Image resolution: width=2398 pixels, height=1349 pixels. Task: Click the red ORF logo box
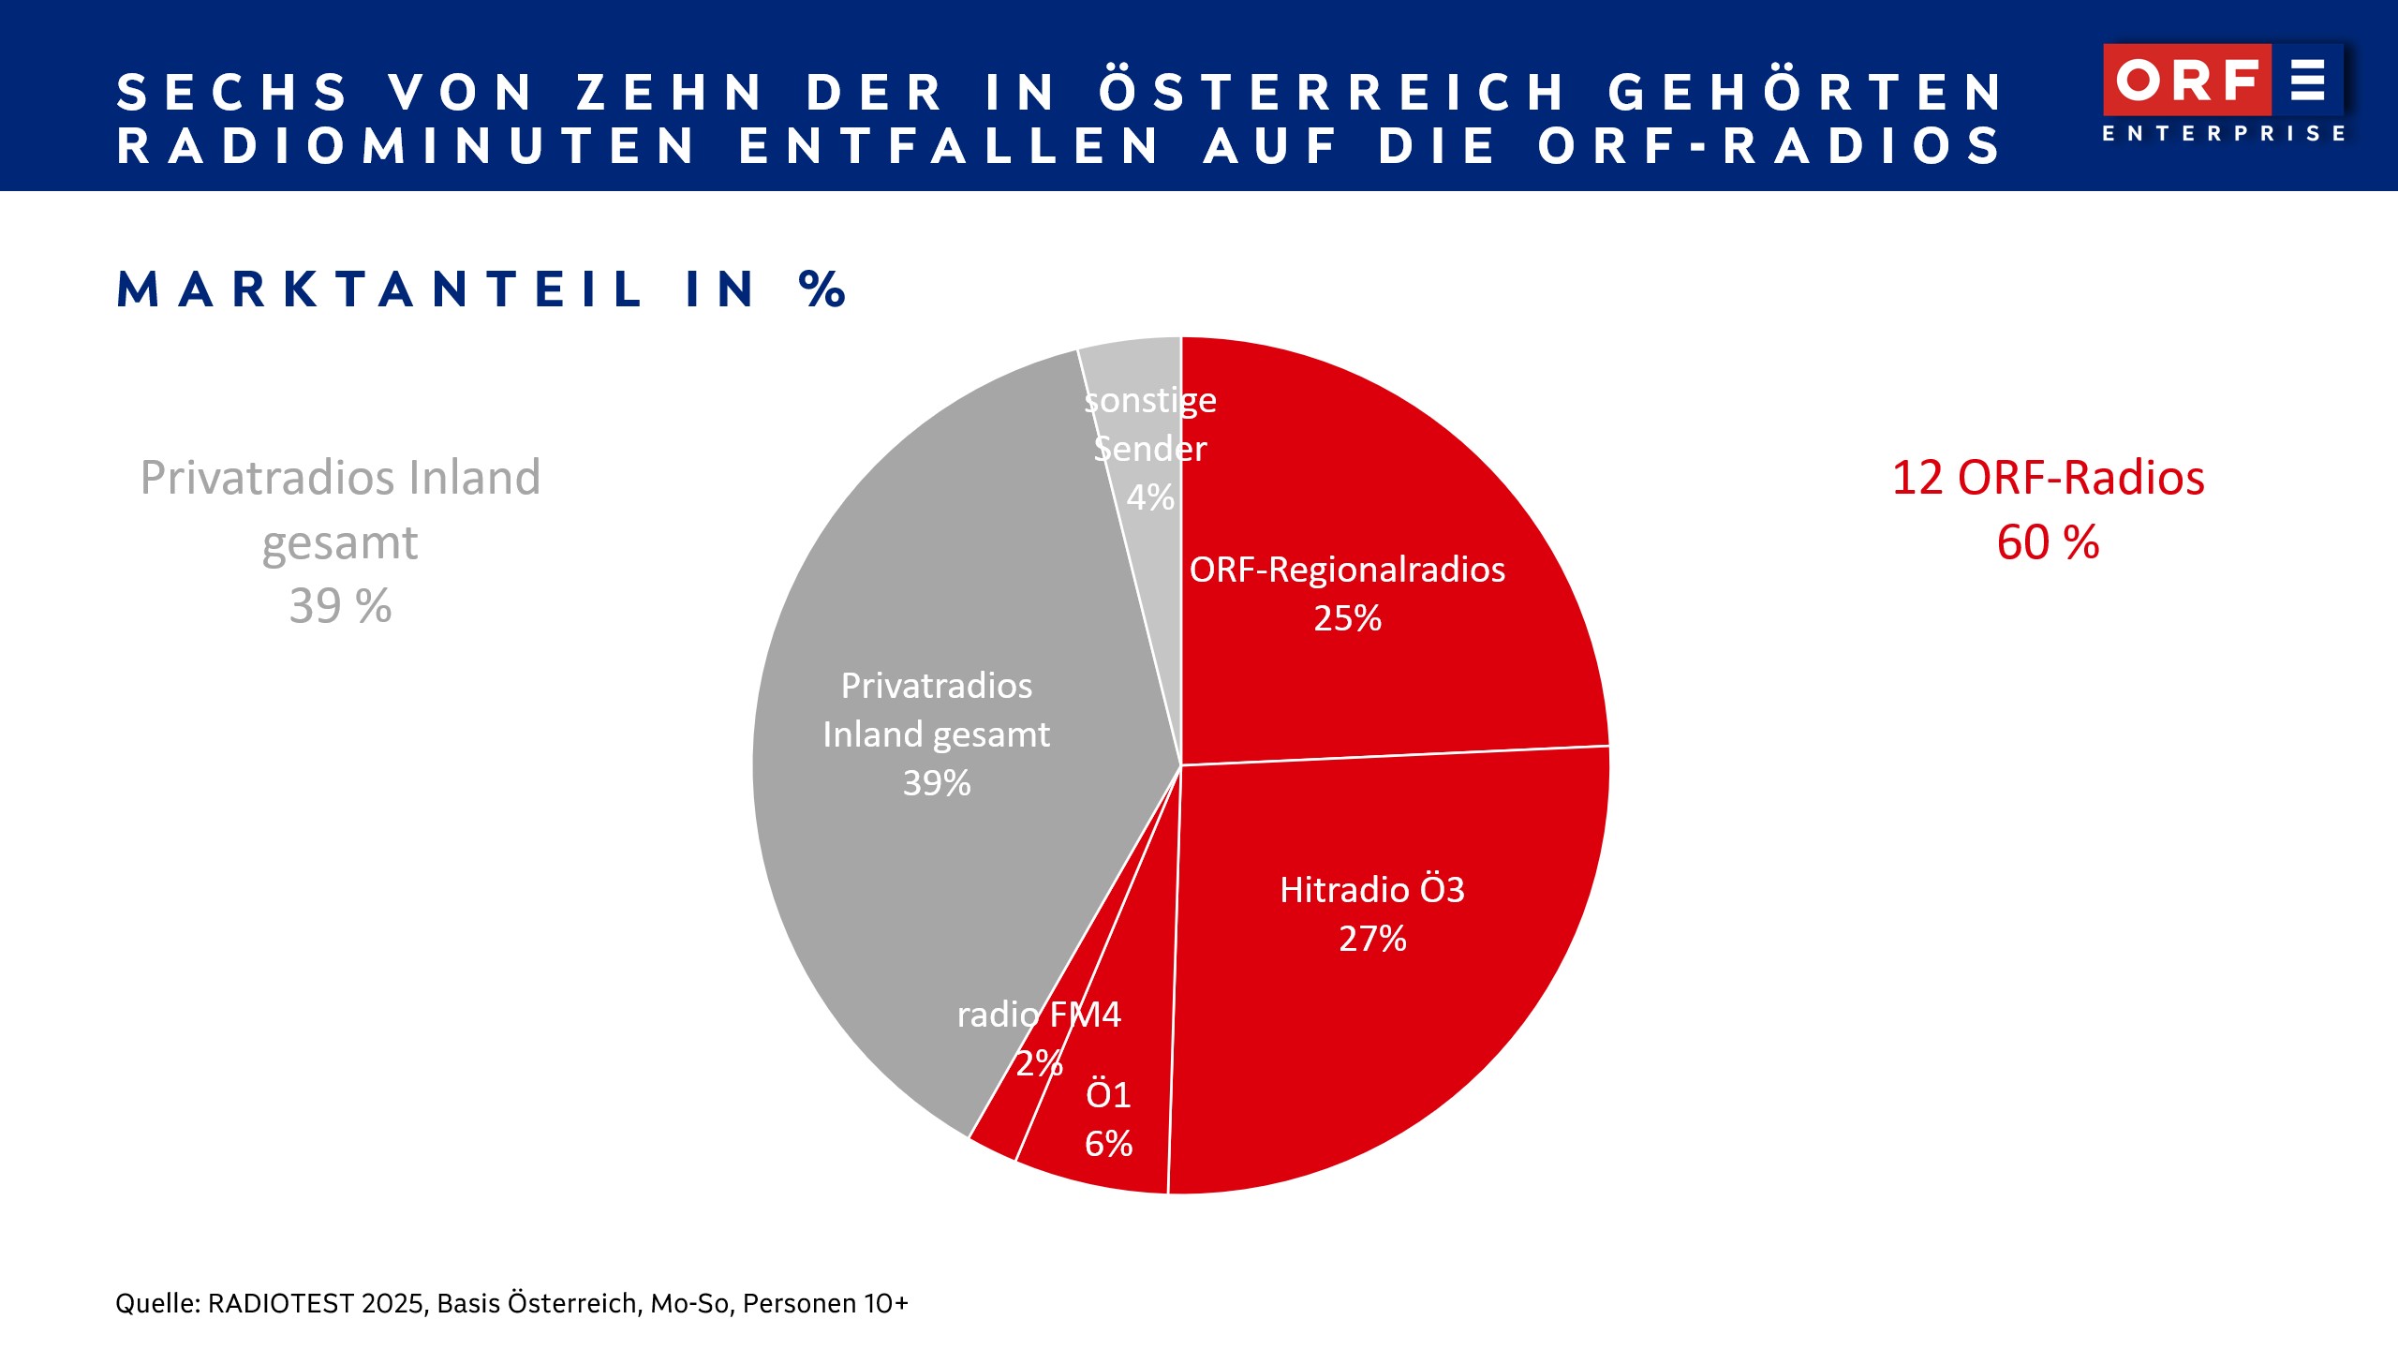[2186, 80]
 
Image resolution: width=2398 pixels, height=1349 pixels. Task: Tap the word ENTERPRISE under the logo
[2224, 134]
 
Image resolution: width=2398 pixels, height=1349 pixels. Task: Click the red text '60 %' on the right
[2048, 542]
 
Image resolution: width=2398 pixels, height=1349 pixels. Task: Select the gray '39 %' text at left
[340, 606]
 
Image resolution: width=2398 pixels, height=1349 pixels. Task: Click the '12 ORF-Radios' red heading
[2048, 478]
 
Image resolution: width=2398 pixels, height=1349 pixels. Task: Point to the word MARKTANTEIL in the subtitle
[378, 289]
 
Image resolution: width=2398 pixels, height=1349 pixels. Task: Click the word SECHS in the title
[231, 92]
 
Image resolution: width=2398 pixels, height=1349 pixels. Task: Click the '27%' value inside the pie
[1372, 939]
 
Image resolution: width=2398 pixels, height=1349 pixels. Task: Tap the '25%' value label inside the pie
[1347, 618]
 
